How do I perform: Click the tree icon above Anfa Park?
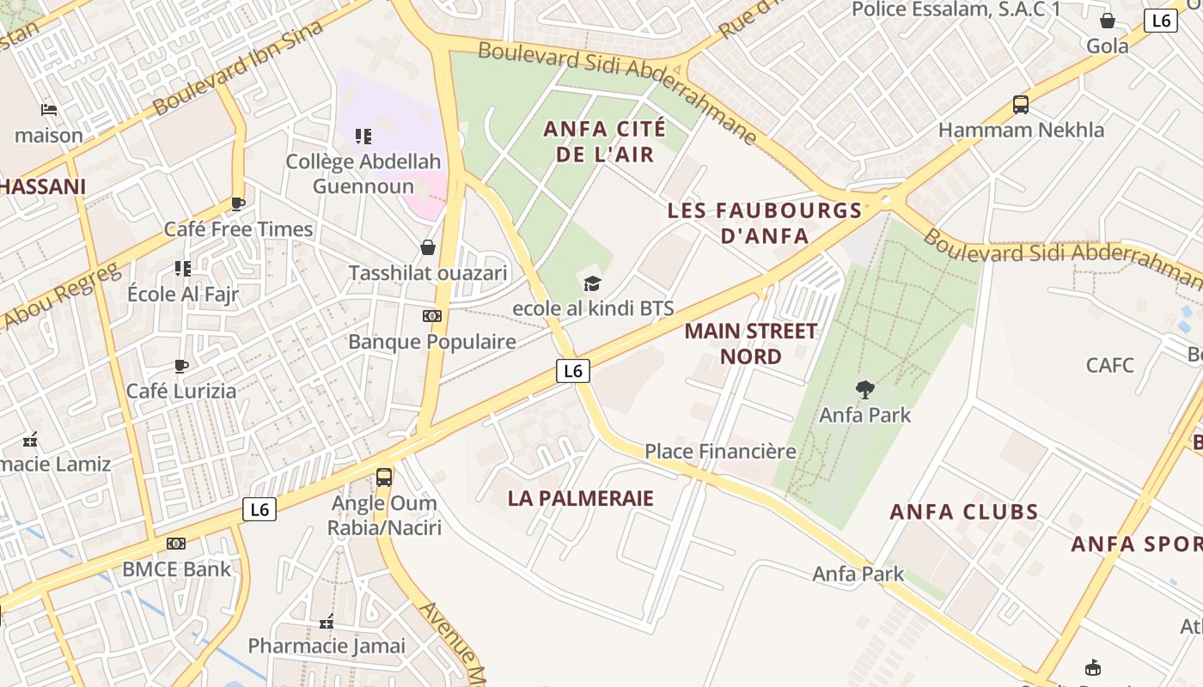pos(865,389)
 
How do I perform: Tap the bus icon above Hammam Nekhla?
pos(1021,105)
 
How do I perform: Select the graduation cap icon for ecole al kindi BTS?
pos(592,283)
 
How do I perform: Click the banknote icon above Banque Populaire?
pos(432,316)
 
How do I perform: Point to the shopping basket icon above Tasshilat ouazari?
pos(428,247)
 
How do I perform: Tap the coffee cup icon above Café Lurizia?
pos(181,366)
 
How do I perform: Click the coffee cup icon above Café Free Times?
pos(238,204)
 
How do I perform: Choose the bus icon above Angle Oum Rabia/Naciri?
pos(384,477)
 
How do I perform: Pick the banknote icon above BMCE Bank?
pos(176,544)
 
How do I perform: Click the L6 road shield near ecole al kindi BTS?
pos(573,371)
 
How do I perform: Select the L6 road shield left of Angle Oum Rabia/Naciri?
pos(260,509)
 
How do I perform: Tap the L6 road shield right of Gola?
pos(1161,21)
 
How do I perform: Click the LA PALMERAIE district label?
pos(581,498)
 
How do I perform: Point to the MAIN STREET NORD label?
pos(751,343)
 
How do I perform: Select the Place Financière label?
pos(720,451)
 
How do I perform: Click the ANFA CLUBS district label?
pos(964,512)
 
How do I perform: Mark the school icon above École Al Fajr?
pos(182,269)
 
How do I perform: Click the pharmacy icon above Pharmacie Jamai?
pos(327,621)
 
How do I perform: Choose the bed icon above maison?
pos(49,110)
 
